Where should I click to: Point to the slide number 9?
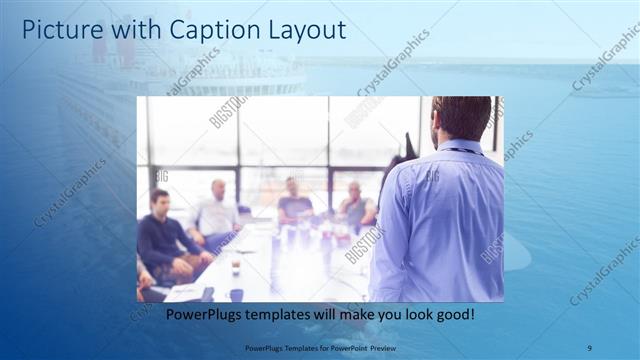click(589, 348)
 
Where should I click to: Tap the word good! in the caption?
click(453, 315)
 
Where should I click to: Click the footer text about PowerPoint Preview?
click(320, 348)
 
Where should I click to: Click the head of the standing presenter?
click(462, 117)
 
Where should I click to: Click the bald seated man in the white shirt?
click(217, 211)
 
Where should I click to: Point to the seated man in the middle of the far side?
click(293, 202)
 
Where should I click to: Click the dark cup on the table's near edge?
click(236, 294)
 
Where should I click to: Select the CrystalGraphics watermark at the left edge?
click(70, 193)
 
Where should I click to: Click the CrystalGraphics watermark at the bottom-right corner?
click(604, 270)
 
